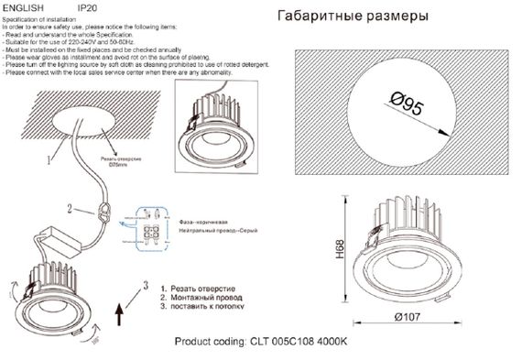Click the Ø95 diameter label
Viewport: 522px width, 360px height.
406,107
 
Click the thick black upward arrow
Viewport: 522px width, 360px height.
122,321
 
